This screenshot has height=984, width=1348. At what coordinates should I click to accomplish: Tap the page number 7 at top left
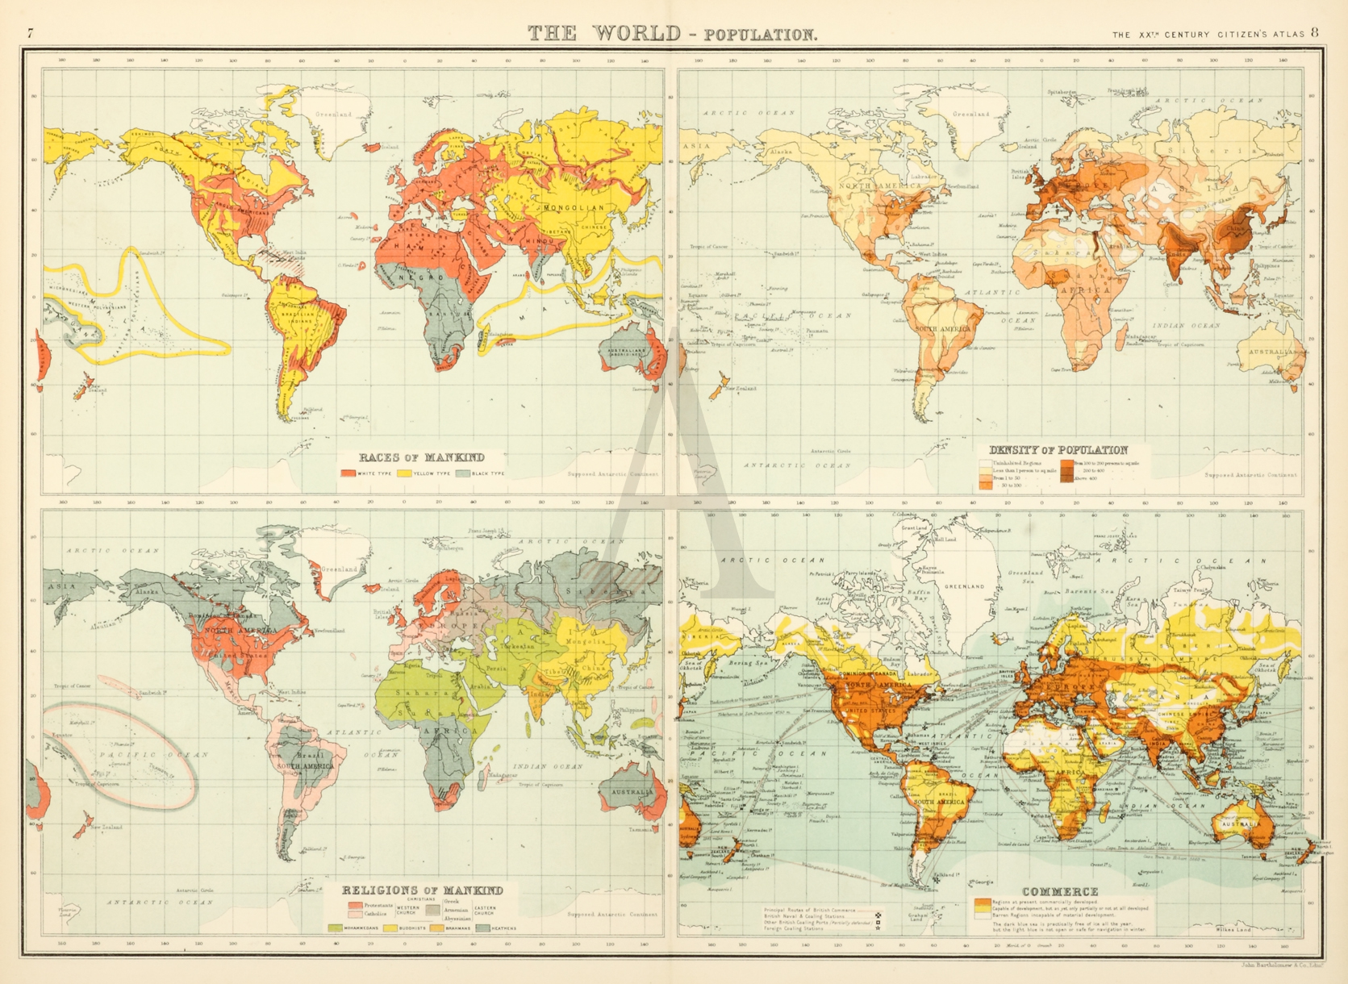(31, 33)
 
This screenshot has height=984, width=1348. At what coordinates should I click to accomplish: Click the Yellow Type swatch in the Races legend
(404, 473)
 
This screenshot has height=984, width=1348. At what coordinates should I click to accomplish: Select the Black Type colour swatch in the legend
(462, 473)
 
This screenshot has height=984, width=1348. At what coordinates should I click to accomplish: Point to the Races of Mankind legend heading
(421, 457)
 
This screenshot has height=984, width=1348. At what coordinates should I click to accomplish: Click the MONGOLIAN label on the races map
(574, 207)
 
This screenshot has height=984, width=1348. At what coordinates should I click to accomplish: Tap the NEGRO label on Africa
(420, 277)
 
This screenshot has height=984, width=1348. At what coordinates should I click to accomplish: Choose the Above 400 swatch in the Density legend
(1066, 478)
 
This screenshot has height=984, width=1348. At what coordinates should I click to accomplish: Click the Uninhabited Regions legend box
(986, 463)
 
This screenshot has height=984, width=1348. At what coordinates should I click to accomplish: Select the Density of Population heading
(1058, 450)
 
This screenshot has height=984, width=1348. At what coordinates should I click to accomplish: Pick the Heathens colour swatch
(482, 928)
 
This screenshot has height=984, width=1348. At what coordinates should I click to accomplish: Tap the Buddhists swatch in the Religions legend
(390, 928)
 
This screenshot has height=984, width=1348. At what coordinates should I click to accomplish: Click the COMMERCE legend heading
(1060, 891)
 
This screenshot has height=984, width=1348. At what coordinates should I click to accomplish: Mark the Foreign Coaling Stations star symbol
(878, 928)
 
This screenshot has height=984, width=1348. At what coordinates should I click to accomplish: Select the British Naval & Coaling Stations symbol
(878, 915)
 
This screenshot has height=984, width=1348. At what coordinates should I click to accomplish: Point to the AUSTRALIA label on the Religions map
(632, 791)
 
